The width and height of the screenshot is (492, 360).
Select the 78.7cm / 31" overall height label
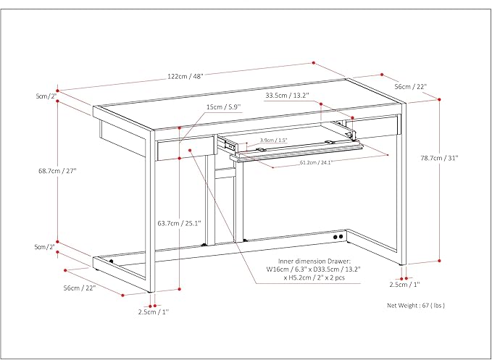(x=441, y=159)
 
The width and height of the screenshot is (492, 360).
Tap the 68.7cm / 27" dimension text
(x=57, y=171)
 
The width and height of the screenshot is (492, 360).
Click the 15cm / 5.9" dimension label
(x=223, y=107)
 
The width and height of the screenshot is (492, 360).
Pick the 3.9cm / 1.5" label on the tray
(x=274, y=140)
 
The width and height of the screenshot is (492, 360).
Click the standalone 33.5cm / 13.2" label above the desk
(x=288, y=94)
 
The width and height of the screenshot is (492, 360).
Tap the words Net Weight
(x=403, y=306)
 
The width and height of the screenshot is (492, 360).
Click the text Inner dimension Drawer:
(x=314, y=261)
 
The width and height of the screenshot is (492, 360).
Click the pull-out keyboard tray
(x=297, y=151)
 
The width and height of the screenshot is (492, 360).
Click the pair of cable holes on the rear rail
(x=337, y=236)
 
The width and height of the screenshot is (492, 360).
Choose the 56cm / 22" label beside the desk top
(x=410, y=86)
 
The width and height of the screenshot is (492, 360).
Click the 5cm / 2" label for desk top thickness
(x=46, y=96)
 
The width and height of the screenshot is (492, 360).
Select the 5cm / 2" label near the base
(x=45, y=247)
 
